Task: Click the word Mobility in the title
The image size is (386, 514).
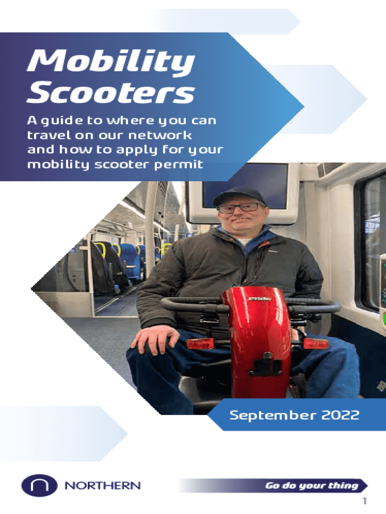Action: point(111,62)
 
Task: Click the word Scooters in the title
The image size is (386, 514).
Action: point(111,92)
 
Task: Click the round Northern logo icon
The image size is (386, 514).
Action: point(39,485)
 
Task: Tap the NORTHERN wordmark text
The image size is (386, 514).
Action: point(102,485)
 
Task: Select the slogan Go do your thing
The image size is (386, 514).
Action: point(312,485)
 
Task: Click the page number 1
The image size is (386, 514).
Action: point(364,501)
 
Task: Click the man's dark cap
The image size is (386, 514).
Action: point(239,196)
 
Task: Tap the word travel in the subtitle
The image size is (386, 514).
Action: point(49,135)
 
